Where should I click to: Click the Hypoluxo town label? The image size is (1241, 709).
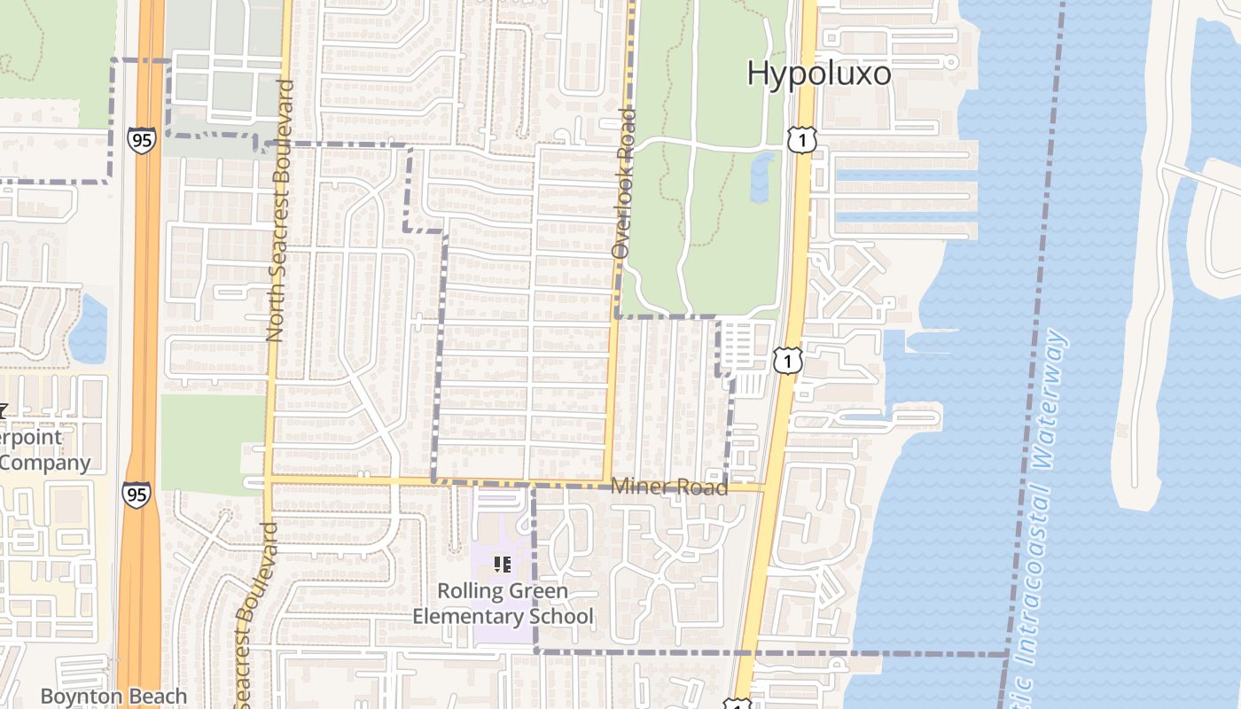[x=818, y=74]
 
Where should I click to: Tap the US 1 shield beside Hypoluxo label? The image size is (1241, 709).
[x=800, y=139]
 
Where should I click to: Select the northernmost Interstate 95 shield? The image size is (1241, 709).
[x=141, y=139]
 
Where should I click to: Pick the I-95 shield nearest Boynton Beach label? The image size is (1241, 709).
[x=137, y=495]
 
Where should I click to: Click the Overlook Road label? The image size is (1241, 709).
[x=625, y=183]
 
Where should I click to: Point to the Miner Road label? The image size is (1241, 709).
[x=669, y=487]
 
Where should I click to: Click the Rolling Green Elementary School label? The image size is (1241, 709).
[x=503, y=603]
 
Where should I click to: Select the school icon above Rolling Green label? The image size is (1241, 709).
[x=503, y=564]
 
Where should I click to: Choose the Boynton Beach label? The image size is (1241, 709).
[x=113, y=697]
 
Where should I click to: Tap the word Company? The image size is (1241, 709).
[x=44, y=463]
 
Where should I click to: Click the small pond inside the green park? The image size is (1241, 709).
[x=761, y=177]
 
